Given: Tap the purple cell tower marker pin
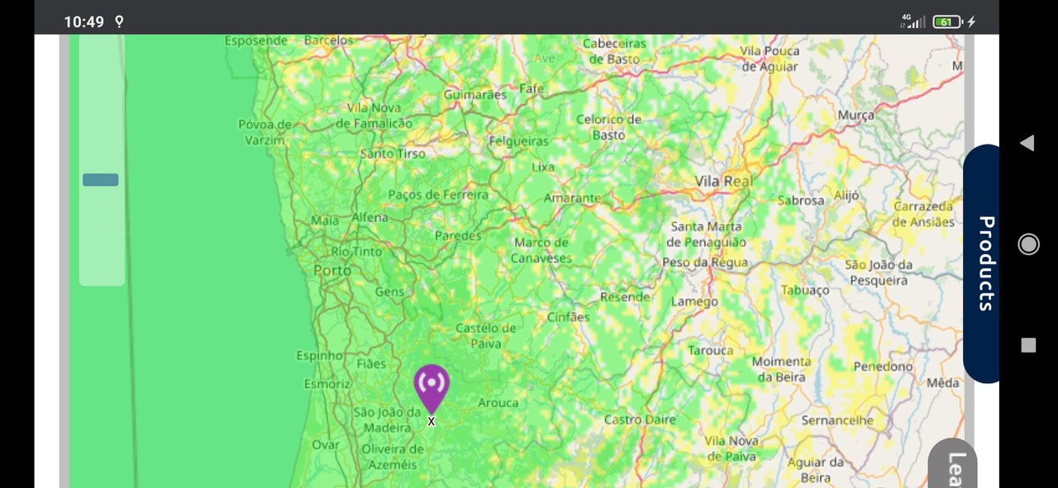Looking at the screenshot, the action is [431, 386].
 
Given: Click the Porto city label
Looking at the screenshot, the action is [332, 271].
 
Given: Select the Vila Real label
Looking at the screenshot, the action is [724, 181].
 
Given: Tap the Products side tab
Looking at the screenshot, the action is [984, 263].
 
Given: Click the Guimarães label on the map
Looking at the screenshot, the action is [475, 95].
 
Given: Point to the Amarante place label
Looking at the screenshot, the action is [572, 198].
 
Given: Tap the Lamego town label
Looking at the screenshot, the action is [694, 301].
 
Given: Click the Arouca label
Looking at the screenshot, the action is [498, 403].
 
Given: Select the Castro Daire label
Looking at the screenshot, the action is [640, 419].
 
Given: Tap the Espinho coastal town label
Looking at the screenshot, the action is [320, 355].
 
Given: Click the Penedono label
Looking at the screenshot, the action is [883, 366].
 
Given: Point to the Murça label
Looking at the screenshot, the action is [855, 116].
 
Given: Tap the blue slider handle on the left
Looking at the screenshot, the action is [101, 180].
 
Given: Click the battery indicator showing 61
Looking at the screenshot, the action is [946, 21].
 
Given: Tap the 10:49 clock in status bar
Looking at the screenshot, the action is [84, 21].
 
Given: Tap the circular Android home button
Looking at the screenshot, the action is [1028, 244].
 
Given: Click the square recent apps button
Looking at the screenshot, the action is [1028, 345].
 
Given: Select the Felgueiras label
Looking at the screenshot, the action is [519, 141].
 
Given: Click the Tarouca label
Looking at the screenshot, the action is [711, 350].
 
